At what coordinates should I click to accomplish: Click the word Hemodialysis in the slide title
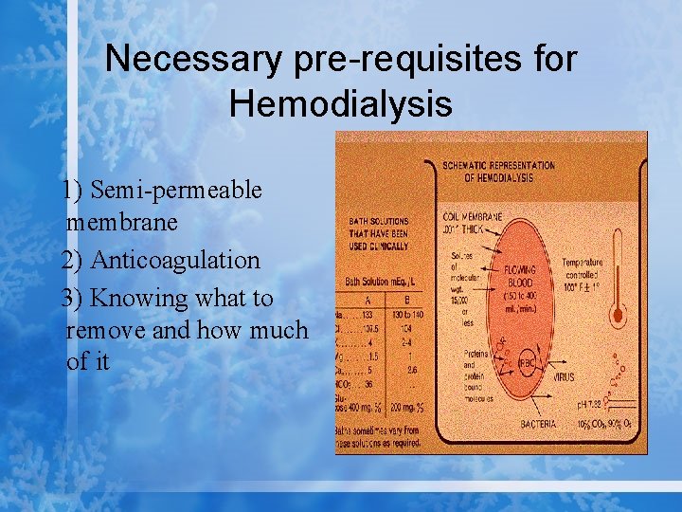pos(340,102)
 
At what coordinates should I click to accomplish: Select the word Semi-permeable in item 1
pos(174,190)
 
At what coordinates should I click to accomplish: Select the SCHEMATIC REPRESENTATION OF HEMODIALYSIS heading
pos(499,171)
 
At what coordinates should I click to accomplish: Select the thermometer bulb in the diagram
pos(618,314)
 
